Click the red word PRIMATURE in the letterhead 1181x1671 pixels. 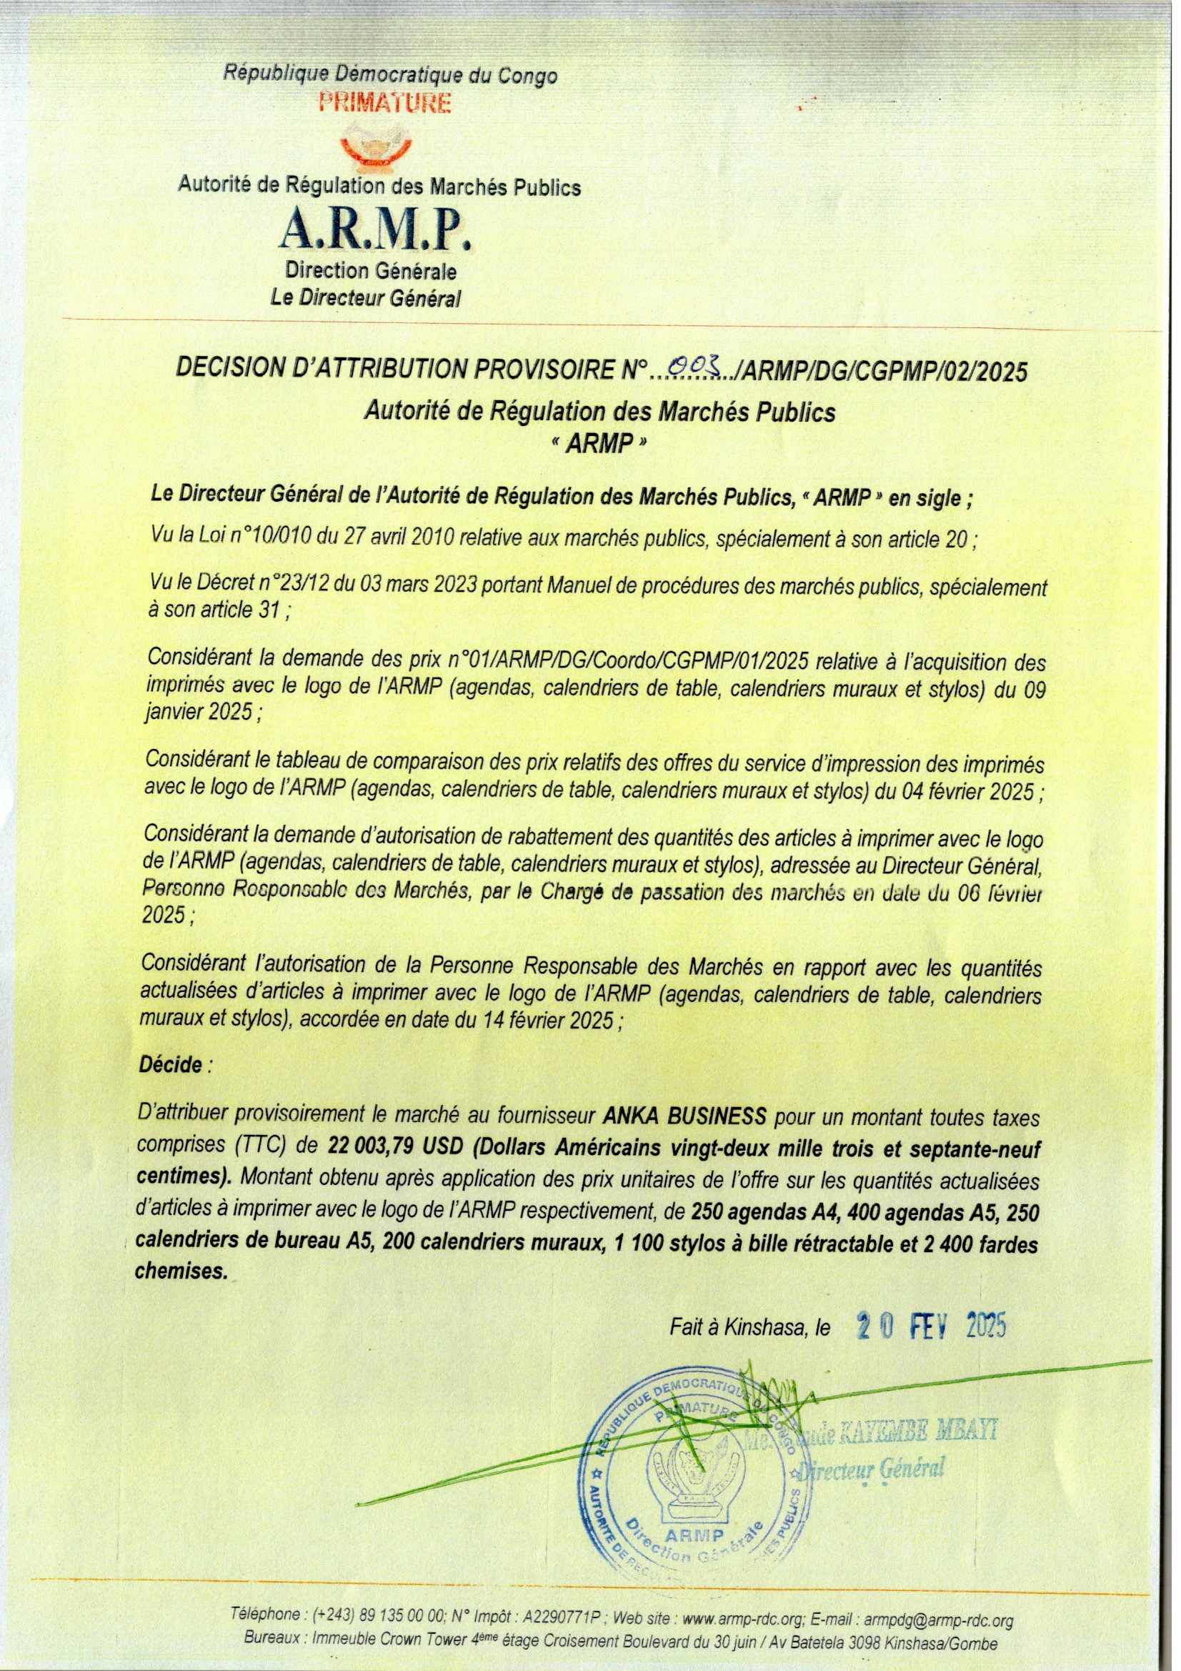pyautogui.click(x=385, y=104)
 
